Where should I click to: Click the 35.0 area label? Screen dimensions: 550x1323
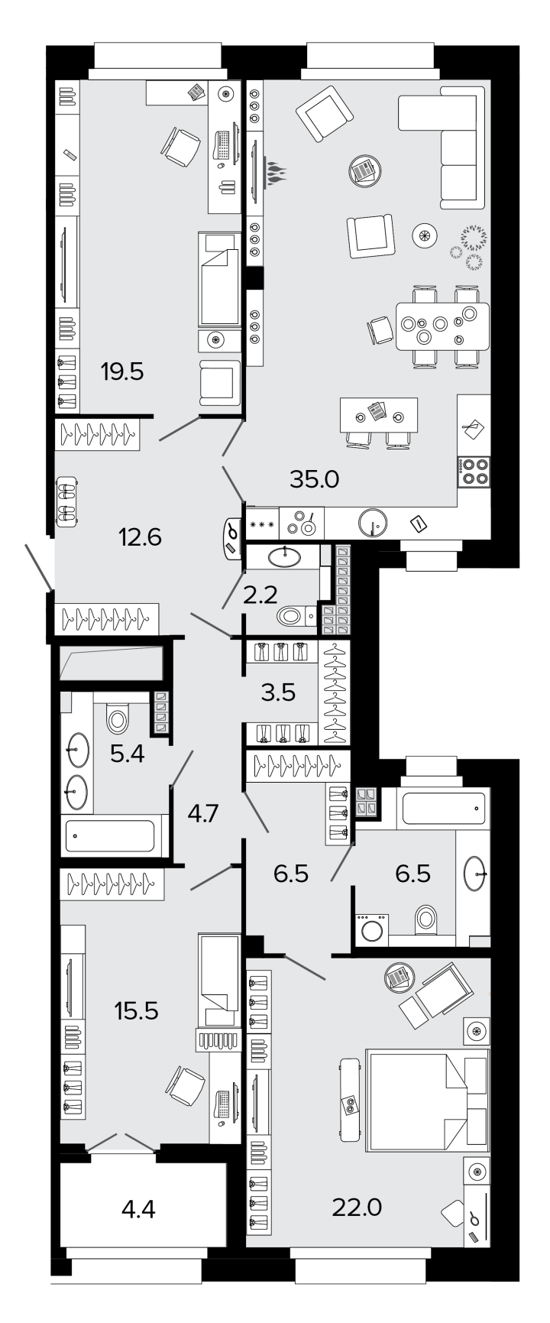314,479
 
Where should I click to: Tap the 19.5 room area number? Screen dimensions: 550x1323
122,372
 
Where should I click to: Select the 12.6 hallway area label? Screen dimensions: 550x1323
140,537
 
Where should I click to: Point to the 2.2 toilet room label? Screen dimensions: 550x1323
260,595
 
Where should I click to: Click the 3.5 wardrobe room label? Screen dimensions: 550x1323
277,693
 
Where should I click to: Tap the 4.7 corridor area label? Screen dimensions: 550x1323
203,812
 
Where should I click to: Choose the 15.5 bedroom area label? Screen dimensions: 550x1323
136,1010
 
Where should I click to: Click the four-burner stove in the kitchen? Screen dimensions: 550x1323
474,472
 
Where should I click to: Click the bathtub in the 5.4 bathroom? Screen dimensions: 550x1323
114,835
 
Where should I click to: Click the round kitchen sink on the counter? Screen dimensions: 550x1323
373,524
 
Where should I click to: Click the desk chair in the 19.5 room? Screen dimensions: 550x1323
181,146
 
